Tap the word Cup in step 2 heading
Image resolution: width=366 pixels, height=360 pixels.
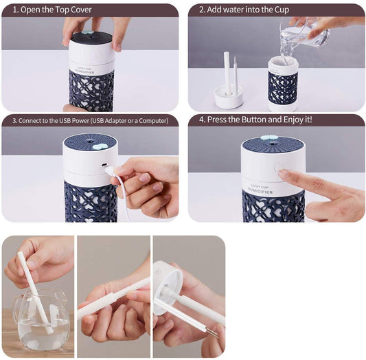tap(279, 10)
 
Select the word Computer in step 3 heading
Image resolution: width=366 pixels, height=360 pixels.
tap(148, 120)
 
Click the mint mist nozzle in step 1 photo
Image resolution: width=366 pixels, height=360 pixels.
tap(88, 32)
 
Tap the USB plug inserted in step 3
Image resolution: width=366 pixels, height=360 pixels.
tap(113, 170)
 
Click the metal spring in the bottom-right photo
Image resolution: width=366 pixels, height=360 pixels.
tap(212, 333)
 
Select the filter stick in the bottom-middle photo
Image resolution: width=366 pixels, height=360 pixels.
tap(113, 297)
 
